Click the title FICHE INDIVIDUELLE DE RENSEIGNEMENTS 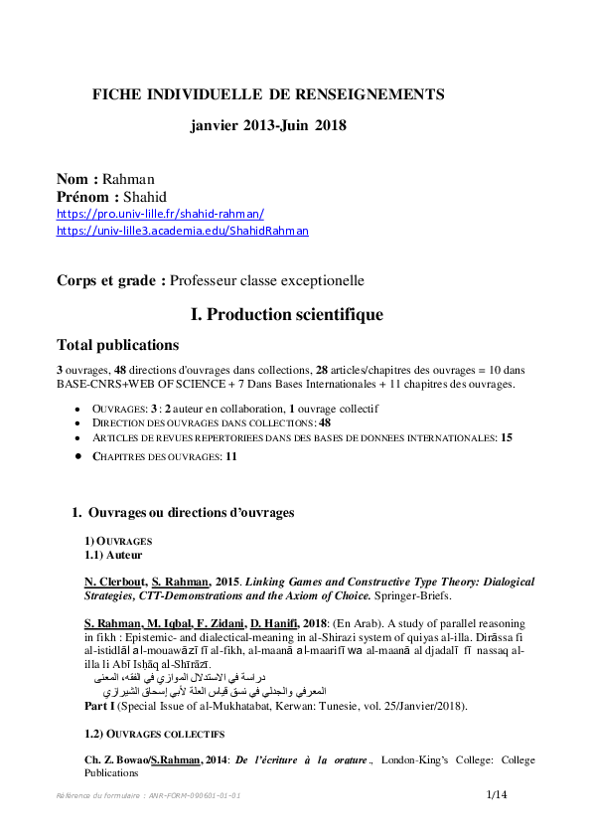point(268,94)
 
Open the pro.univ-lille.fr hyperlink point(160,214)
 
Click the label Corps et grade point(110,281)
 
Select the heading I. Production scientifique point(287,315)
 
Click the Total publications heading point(118,346)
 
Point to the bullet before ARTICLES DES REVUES point(79,437)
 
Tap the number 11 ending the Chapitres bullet point(231,456)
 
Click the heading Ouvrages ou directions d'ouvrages point(191,513)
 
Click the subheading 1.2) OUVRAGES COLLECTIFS point(154,735)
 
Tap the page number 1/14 point(497,794)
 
